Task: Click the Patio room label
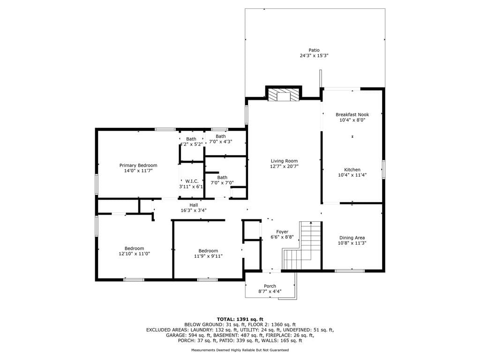pos(314,50)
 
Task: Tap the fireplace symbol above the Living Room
pos(283,95)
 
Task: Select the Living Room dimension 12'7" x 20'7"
pos(284,166)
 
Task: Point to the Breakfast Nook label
pos(352,114)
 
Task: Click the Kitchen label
pos(352,170)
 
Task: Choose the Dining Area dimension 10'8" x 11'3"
pos(352,243)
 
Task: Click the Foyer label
pos(282,232)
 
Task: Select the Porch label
pos(270,286)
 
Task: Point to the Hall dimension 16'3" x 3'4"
pos(194,210)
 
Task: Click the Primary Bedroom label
pos(138,165)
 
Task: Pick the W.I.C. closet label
pos(192,181)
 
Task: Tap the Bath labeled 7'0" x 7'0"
pos(222,177)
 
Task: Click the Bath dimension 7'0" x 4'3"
pos(220,142)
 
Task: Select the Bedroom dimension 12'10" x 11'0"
pos(134,254)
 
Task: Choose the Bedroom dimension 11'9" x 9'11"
pos(208,256)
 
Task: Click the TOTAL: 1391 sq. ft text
pos(240,319)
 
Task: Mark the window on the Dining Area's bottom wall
pos(350,270)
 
